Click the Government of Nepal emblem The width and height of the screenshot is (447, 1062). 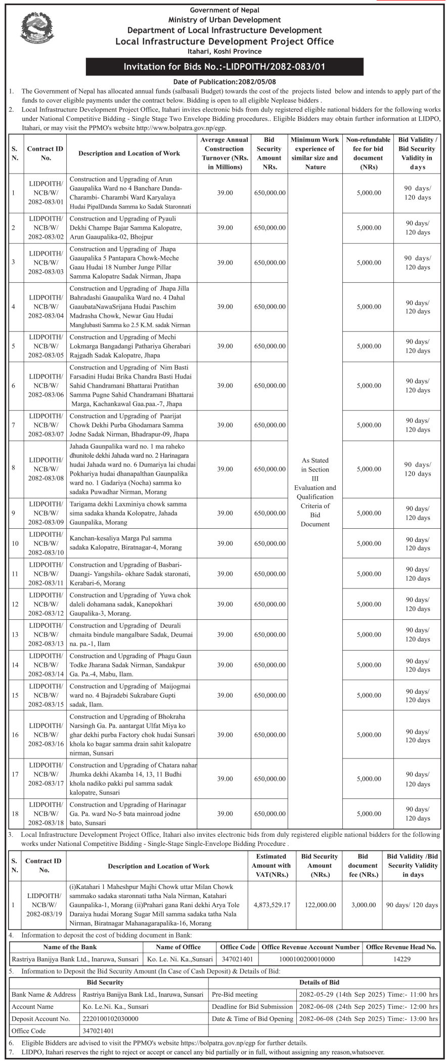tap(36, 28)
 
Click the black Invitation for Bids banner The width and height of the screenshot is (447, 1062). tap(224, 67)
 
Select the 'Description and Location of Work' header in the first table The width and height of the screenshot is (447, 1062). tap(129, 153)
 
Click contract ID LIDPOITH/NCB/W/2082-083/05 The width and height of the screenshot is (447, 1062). tap(46, 346)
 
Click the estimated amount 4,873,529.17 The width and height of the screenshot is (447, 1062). tap(271, 905)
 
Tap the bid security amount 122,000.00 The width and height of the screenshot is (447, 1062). tap(320, 905)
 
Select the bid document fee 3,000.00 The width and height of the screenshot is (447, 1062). tap(363, 905)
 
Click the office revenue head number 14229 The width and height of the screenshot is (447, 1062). tap(401, 959)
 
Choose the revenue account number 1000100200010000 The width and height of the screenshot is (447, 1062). tap(309, 959)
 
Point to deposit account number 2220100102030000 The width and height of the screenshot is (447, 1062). tap(110, 1018)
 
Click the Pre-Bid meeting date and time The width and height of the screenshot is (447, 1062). tap(369, 994)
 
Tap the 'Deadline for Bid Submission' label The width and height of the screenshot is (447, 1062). tap(252, 1006)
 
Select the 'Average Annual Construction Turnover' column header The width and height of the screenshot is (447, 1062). tap(224, 153)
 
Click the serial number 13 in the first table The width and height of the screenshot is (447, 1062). tap(15, 634)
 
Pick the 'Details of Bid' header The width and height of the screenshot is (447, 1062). tap(320, 982)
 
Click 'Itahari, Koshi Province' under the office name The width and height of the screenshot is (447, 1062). tap(224, 51)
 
